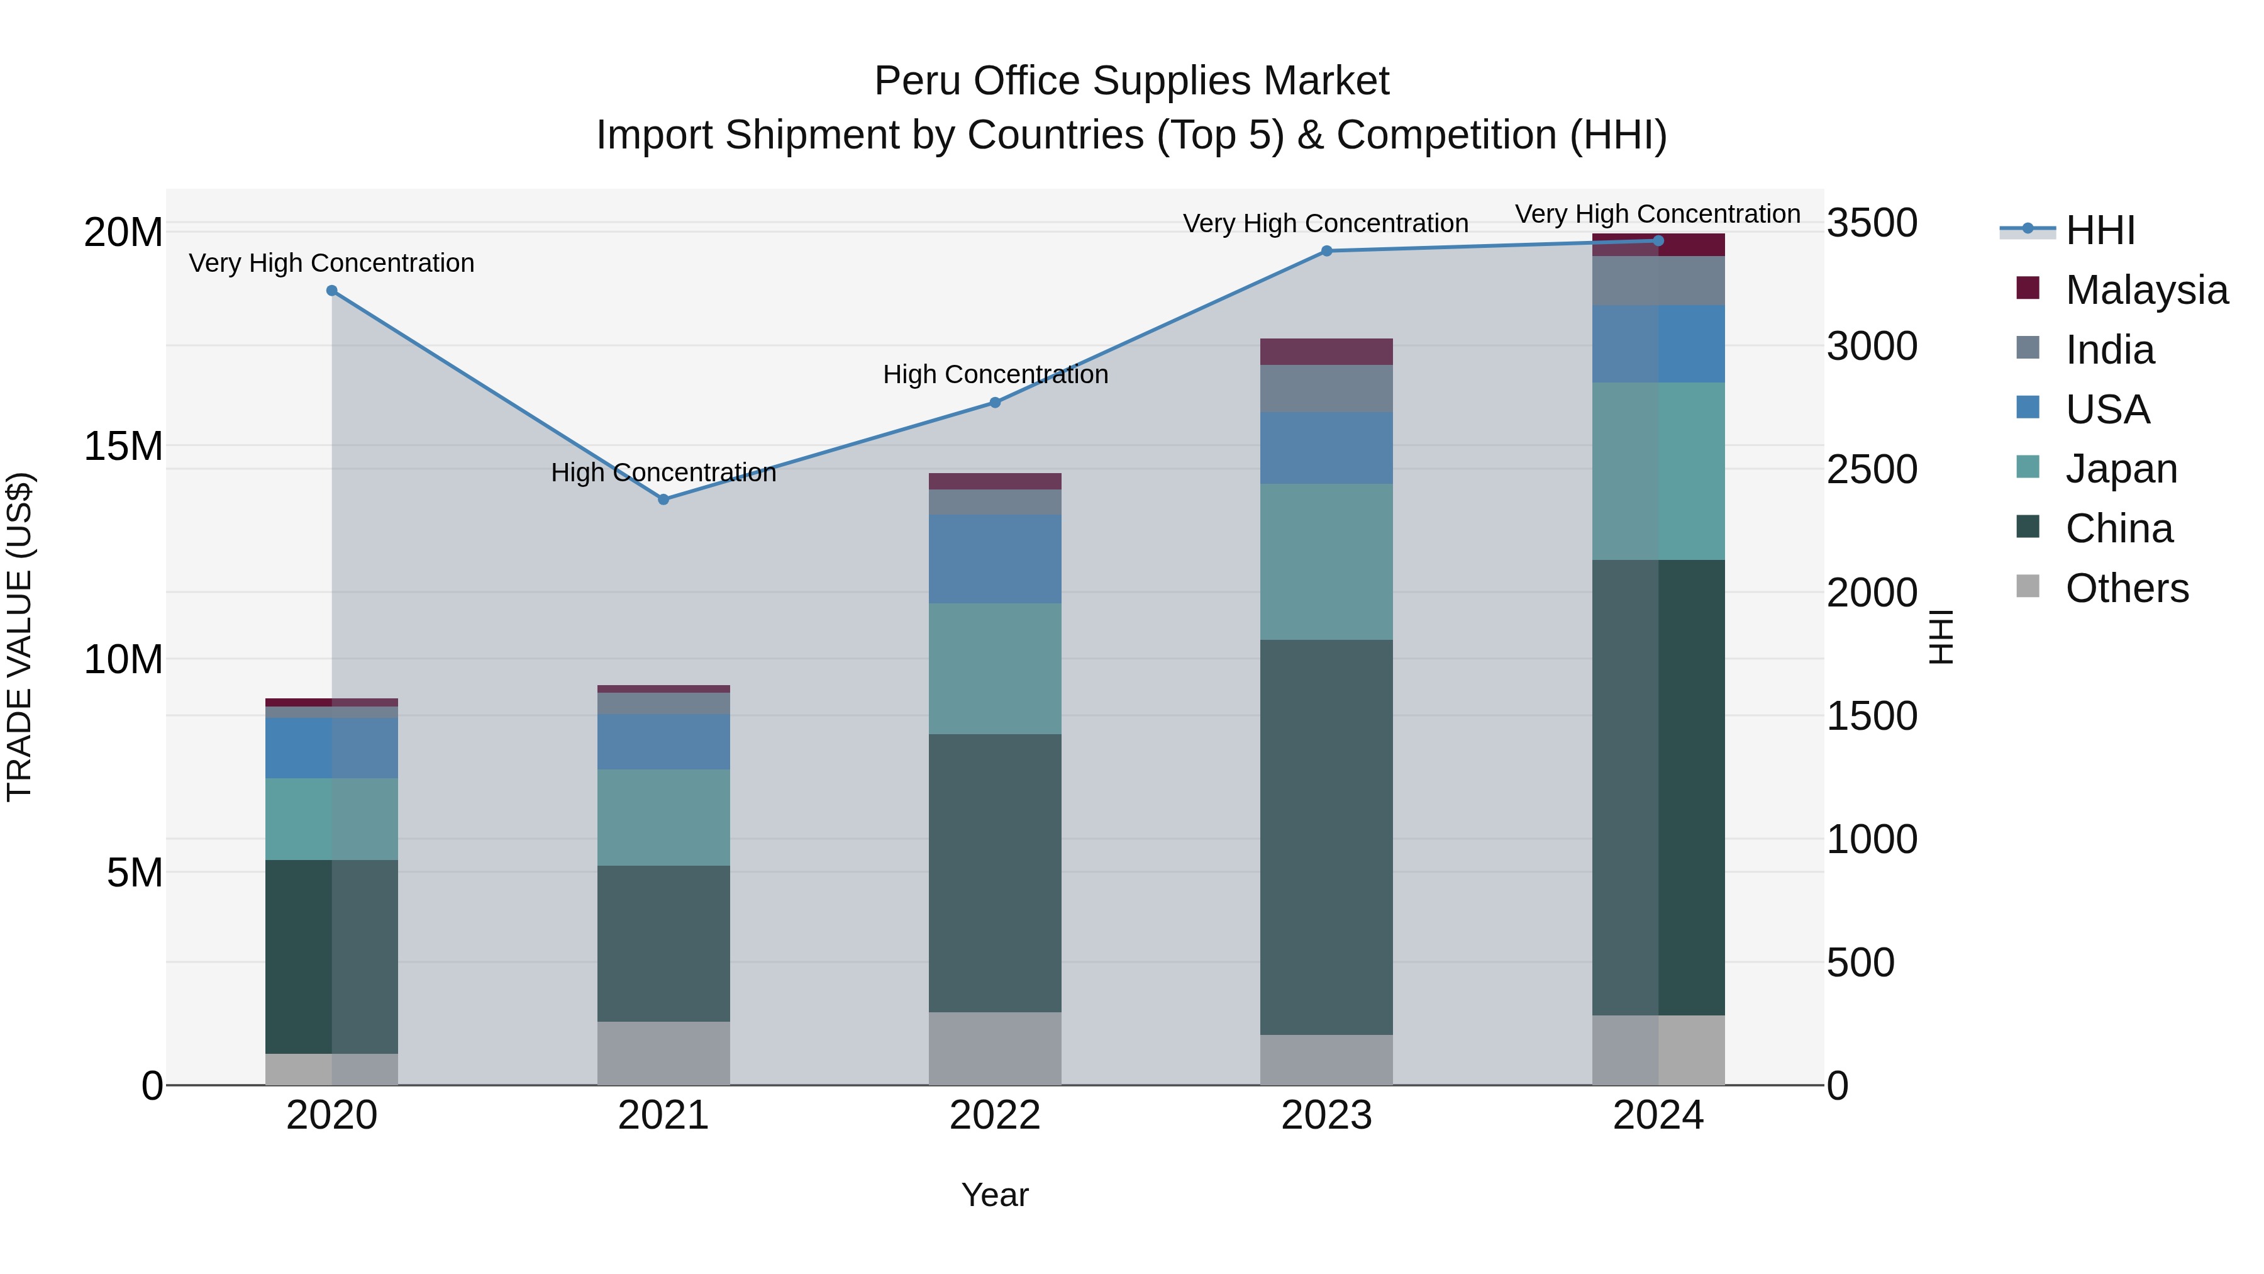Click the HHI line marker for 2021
pos(663,500)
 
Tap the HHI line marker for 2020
pos(331,291)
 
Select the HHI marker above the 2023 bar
pos(1327,252)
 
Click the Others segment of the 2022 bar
pos(995,1048)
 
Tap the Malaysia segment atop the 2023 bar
pos(1326,352)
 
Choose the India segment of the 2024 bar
pos(1658,281)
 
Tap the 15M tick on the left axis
pos(123,446)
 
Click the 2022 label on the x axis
pos(995,1115)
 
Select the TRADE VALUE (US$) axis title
pos(19,637)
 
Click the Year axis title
pos(995,1195)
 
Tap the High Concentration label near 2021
pos(663,473)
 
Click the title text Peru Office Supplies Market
pos(1131,81)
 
